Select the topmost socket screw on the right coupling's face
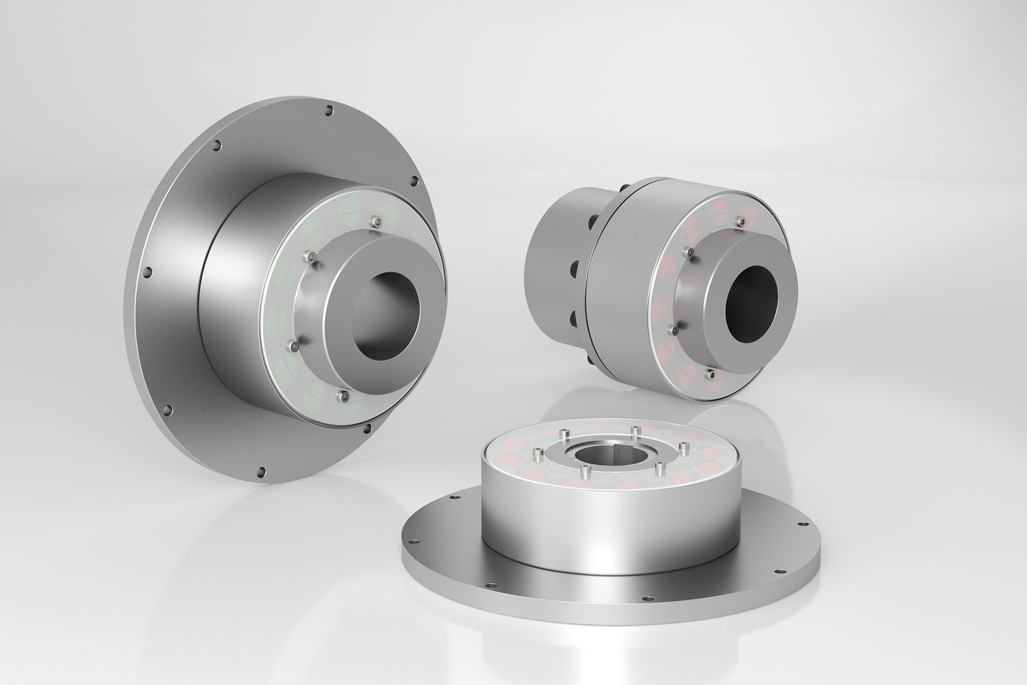click(741, 221)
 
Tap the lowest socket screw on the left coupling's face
click(342, 396)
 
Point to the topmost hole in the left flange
click(329, 112)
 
